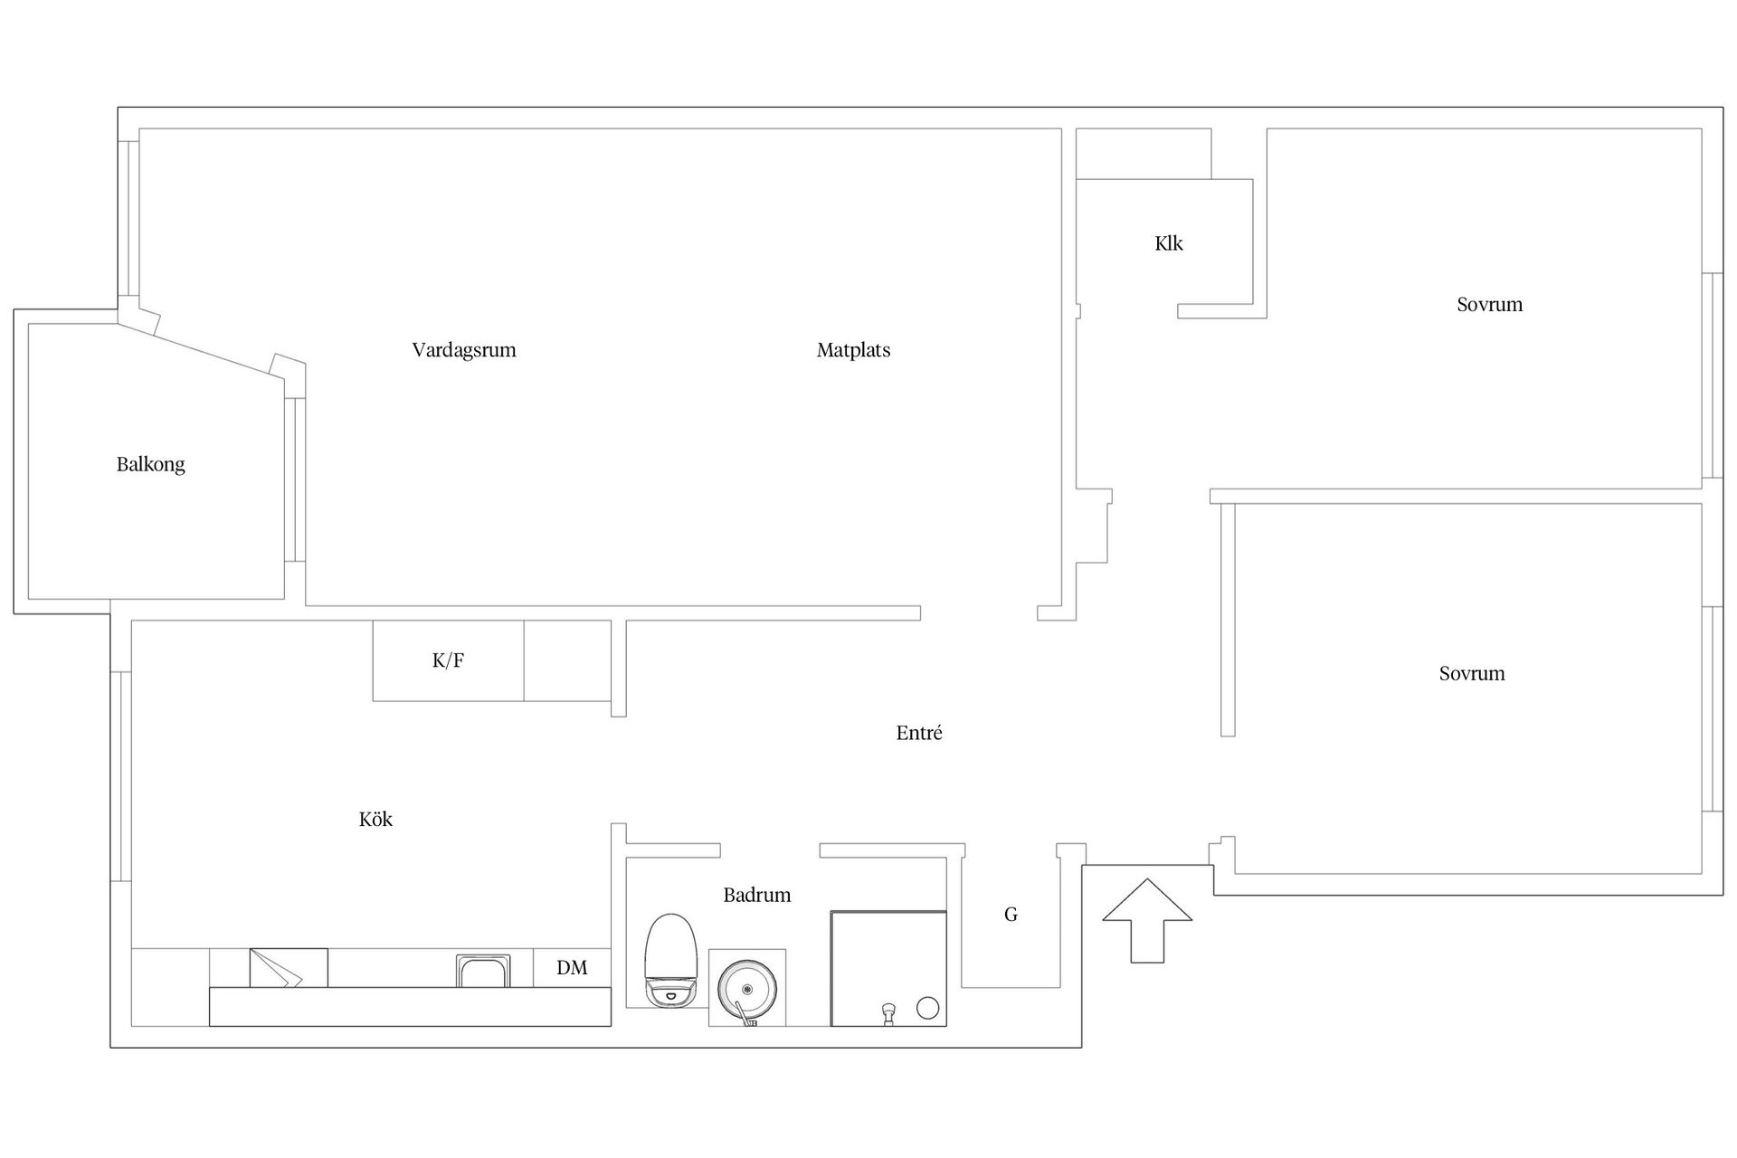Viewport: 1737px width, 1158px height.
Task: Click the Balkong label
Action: (x=150, y=465)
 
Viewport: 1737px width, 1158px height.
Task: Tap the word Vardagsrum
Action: (x=464, y=350)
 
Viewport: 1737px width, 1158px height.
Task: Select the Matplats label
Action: (x=853, y=350)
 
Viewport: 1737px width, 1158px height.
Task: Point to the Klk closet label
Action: (x=1169, y=243)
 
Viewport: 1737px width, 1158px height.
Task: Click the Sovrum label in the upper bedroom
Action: (x=1489, y=305)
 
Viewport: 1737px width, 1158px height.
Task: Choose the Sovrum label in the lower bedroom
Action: (x=1472, y=674)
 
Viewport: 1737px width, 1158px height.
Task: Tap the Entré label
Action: (x=919, y=733)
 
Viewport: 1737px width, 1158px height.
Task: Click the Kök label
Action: (x=375, y=820)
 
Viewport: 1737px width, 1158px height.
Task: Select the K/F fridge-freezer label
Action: (x=448, y=660)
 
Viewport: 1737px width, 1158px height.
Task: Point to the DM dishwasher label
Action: (x=572, y=968)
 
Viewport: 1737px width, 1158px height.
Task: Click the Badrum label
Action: (x=757, y=896)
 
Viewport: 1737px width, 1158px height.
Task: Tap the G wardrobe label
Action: (x=1011, y=915)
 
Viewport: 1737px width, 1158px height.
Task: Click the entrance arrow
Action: (x=1147, y=920)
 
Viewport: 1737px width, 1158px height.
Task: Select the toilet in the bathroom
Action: (x=671, y=961)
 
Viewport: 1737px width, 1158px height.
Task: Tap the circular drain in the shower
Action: (x=928, y=1008)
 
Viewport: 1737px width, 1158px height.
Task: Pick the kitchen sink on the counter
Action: (x=482, y=971)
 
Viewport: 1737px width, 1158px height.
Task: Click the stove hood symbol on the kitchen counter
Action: (x=289, y=968)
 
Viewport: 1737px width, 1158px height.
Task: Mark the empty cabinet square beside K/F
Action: (x=567, y=660)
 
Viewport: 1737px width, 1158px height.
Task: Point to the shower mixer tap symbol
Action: (x=889, y=1013)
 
